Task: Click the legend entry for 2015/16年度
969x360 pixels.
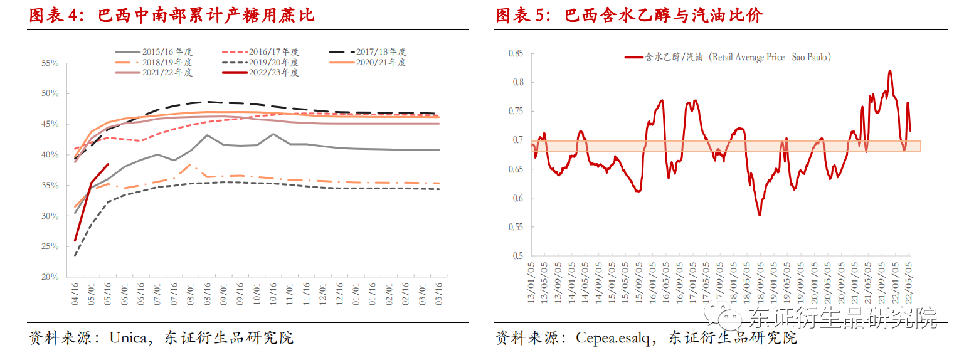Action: coord(167,52)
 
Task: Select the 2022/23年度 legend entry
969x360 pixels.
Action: coord(273,73)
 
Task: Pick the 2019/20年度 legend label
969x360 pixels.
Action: coord(273,63)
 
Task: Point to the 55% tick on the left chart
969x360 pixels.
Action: coord(50,63)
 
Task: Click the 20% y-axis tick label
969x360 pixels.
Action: coord(50,277)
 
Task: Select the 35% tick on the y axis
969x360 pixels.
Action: coord(50,186)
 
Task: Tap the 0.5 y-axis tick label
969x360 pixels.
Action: coord(517,256)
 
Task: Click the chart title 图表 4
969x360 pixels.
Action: coord(60,15)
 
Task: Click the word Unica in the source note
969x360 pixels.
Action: coord(129,338)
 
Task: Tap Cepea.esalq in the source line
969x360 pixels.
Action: coord(612,338)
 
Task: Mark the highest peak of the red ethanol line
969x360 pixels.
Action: coord(890,71)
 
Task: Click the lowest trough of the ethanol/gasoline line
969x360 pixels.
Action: coord(760,215)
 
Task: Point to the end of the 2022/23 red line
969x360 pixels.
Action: coord(108,164)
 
